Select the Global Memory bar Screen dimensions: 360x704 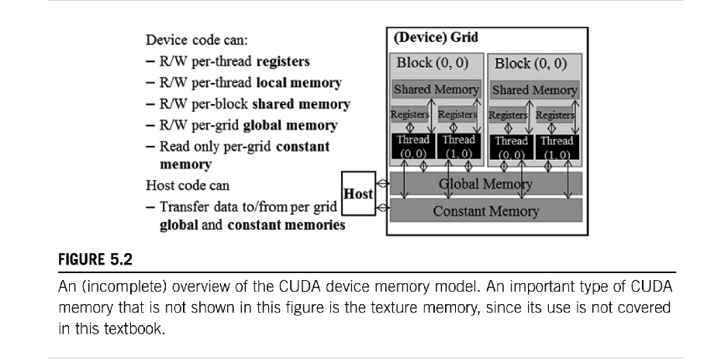click(485, 184)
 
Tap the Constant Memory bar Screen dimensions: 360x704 click(485, 210)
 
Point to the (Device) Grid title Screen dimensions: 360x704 click(437, 37)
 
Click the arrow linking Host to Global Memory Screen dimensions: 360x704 click(381, 185)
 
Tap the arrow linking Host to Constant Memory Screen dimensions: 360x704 click(381, 208)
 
